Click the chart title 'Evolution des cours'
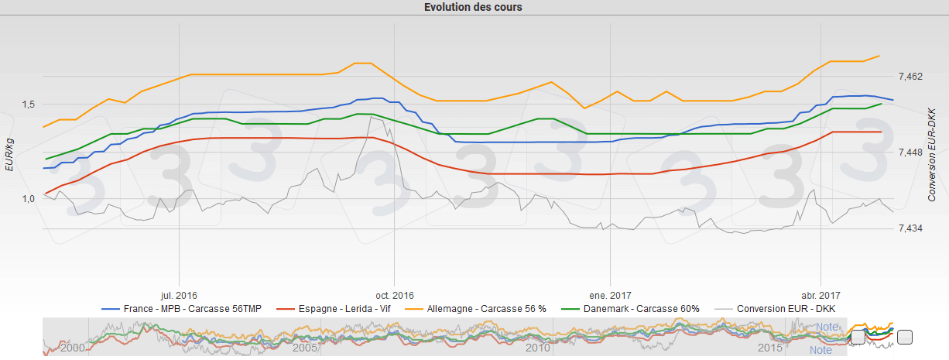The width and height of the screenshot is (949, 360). click(x=474, y=8)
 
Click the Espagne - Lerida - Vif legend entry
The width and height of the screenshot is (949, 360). click(x=332, y=309)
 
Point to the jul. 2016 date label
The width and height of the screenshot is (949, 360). click(x=179, y=295)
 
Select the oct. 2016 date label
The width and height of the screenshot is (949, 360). click(x=394, y=295)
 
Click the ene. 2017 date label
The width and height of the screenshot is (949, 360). click(x=610, y=295)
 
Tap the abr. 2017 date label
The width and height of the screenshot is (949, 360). click(x=820, y=295)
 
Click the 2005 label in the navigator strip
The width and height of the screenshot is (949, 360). click(x=306, y=348)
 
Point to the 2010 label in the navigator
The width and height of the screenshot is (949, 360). click(x=538, y=348)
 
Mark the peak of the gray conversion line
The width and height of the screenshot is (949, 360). click(x=372, y=117)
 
